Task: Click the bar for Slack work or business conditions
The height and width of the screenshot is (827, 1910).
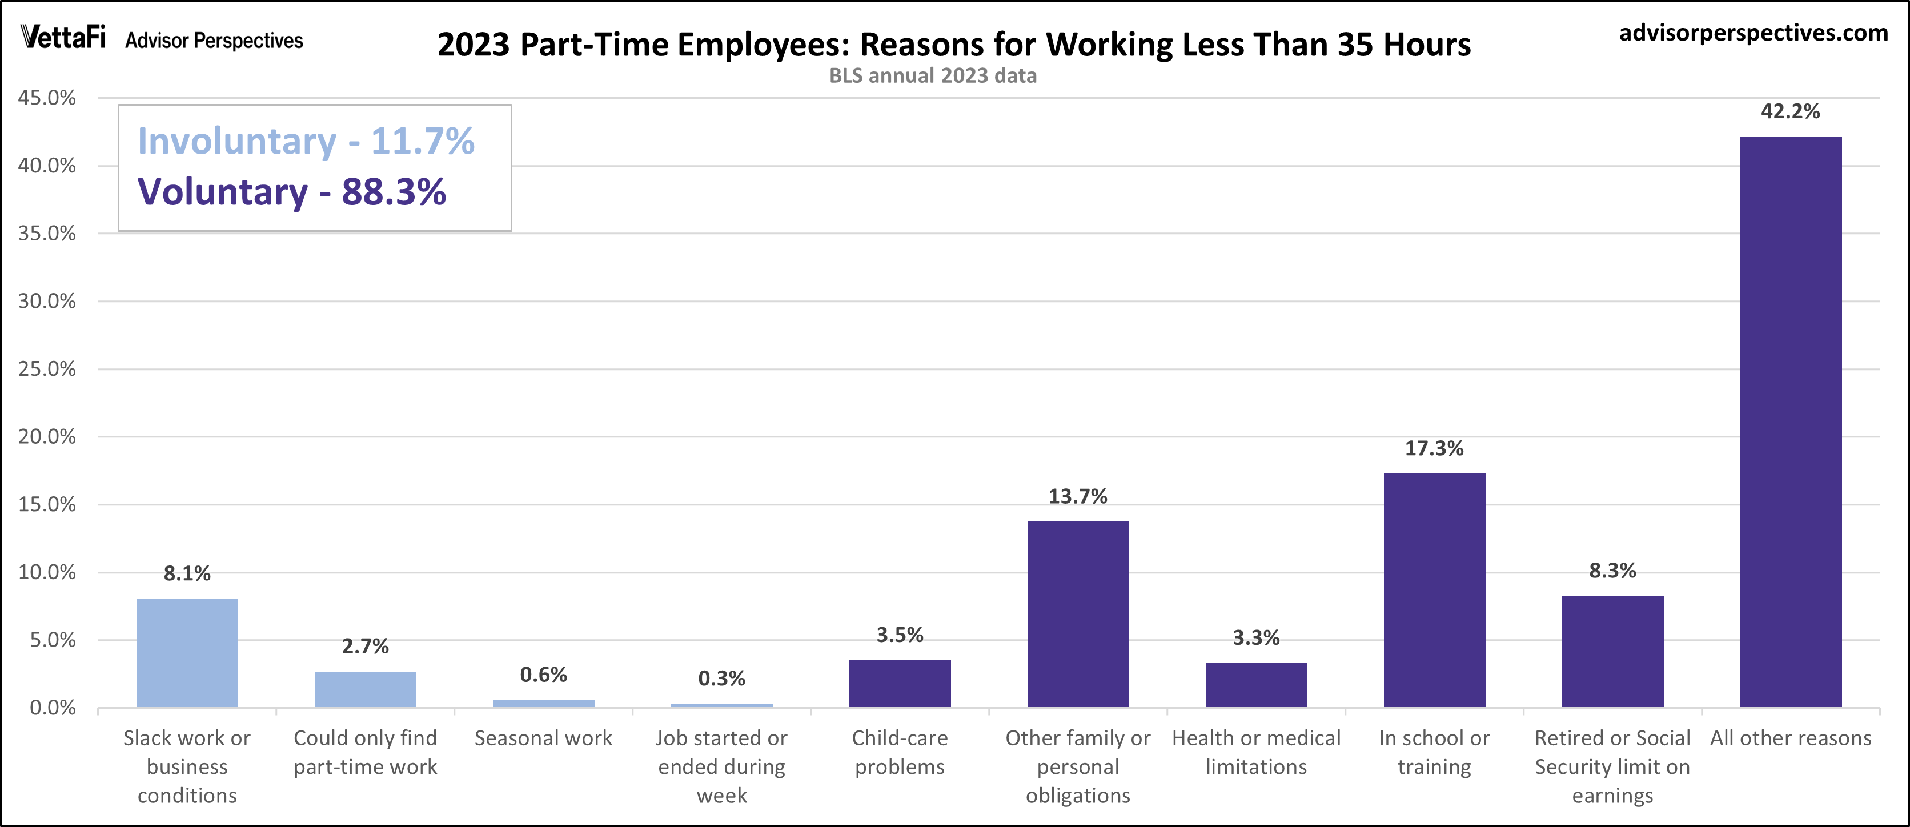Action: click(x=187, y=653)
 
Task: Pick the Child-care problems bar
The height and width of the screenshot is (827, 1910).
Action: click(x=900, y=683)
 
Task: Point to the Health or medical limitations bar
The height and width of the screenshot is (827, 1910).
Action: click(x=1256, y=685)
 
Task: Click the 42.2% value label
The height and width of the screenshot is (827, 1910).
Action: click(x=1790, y=111)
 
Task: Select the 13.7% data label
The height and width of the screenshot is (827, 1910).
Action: click(x=1077, y=496)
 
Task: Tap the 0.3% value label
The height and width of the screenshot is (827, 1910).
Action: click(x=721, y=678)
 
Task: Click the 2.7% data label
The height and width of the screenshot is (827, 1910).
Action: click(x=365, y=646)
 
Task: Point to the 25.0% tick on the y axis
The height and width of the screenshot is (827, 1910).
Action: click(x=47, y=368)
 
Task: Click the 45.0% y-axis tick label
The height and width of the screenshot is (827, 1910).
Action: click(x=47, y=98)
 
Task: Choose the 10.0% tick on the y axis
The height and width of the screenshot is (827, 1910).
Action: click(x=47, y=572)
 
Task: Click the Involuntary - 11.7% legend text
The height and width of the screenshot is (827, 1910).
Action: click(x=306, y=141)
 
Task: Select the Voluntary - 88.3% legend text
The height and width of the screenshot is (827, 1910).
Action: click(x=291, y=191)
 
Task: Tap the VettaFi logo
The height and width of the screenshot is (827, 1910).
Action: click(x=63, y=37)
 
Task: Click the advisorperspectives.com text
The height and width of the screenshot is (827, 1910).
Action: click(x=1753, y=33)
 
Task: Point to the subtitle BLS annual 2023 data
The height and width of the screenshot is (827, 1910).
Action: click(x=932, y=75)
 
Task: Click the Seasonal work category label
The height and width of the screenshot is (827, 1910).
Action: click(x=543, y=738)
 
